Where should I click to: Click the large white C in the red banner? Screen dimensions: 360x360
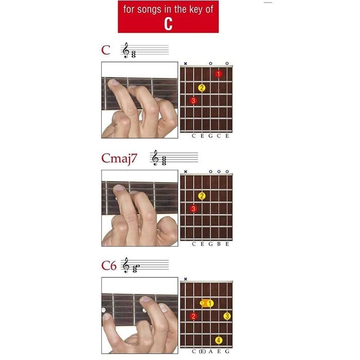(x=168, y=24)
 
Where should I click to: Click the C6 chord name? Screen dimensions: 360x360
(x=109, y=265)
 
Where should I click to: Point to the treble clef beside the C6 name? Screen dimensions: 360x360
(x=125, y=265)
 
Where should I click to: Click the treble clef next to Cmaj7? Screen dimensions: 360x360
(x=155, y=158)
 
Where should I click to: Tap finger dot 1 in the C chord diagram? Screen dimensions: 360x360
(x=219, y=74)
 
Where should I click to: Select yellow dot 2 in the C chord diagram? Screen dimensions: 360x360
(x=202, y=87)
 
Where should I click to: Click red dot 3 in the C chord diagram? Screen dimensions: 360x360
(x=193, y=101)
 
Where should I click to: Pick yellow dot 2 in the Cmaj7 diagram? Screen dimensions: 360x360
(x=202, y=195)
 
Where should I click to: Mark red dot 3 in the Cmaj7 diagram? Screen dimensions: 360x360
(x=193, y=209)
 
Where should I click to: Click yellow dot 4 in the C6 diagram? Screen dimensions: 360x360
(x=219, y=340)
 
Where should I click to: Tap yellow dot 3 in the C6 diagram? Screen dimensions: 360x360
(x=227, y=316)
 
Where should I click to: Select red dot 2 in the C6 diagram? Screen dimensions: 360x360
(x=193, y=316)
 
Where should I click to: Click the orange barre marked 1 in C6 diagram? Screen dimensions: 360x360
(x=207, y=303)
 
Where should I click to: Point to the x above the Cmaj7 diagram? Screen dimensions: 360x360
(x=185, y=171)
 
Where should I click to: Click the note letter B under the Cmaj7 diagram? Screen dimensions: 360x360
(x=219, y=244)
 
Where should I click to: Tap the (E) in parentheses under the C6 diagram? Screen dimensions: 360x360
(x=202, y=351)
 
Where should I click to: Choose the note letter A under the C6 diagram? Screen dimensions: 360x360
(x=210, y=351)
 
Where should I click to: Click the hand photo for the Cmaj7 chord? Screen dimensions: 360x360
(x=139, y=208)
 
